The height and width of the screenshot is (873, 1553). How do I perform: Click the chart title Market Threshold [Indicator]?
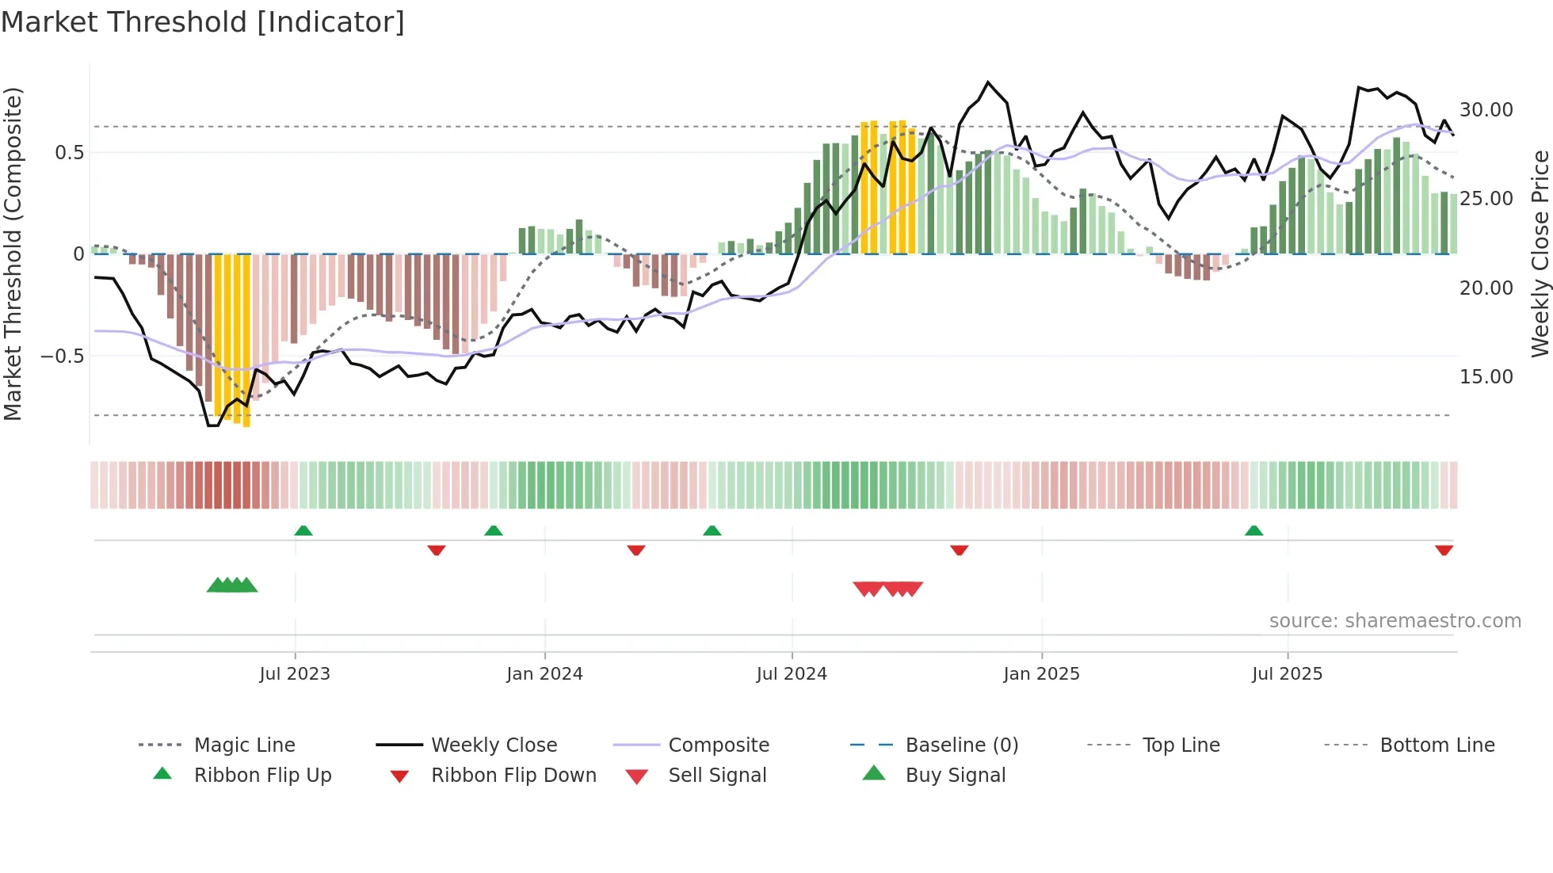[203, 22]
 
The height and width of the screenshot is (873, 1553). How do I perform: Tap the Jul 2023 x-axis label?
[294, 674]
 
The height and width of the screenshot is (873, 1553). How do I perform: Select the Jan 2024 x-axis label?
[544, 674]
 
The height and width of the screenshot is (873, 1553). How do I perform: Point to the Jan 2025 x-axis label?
[1041, 674]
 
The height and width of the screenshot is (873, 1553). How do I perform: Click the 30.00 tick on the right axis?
[1486, 110]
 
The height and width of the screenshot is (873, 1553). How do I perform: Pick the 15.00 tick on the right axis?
[1486, 377]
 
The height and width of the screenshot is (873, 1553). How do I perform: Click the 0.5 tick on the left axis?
[69, 153]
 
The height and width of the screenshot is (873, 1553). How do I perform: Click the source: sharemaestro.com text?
[1395, 621]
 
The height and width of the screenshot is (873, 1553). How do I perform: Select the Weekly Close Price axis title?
[1540, 254]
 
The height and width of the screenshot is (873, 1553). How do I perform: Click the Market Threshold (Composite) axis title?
[13, 254]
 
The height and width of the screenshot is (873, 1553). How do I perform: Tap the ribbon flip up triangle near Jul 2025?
[1253, 531]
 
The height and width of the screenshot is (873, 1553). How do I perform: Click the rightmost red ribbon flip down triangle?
[1444, 550]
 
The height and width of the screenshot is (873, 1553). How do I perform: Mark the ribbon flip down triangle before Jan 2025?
[959, 550]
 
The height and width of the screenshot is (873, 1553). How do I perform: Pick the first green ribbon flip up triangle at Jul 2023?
[303, 531]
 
